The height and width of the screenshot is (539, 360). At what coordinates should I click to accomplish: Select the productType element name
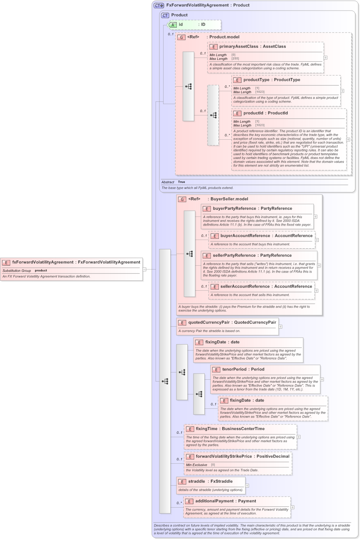coord(256,80)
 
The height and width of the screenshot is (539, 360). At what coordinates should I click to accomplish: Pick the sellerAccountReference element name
coord(245,287)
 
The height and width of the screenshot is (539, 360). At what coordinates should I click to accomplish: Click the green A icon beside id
coord(173,25)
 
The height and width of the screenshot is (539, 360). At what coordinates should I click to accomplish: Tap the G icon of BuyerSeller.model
coord(182,199)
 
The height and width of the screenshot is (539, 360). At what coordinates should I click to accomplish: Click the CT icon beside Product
coord(165,15)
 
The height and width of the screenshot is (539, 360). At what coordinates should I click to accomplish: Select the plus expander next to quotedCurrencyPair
coord(281,326)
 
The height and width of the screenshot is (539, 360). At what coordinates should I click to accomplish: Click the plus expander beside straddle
coord(247,486)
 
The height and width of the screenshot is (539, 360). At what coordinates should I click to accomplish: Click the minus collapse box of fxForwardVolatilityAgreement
coord(144,269)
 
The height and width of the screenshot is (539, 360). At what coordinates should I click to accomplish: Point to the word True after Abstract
coord(182,182)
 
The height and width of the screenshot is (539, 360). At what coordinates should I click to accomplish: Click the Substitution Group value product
coord(41,271)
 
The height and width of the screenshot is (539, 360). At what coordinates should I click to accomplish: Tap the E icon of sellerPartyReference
coord(207,255)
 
